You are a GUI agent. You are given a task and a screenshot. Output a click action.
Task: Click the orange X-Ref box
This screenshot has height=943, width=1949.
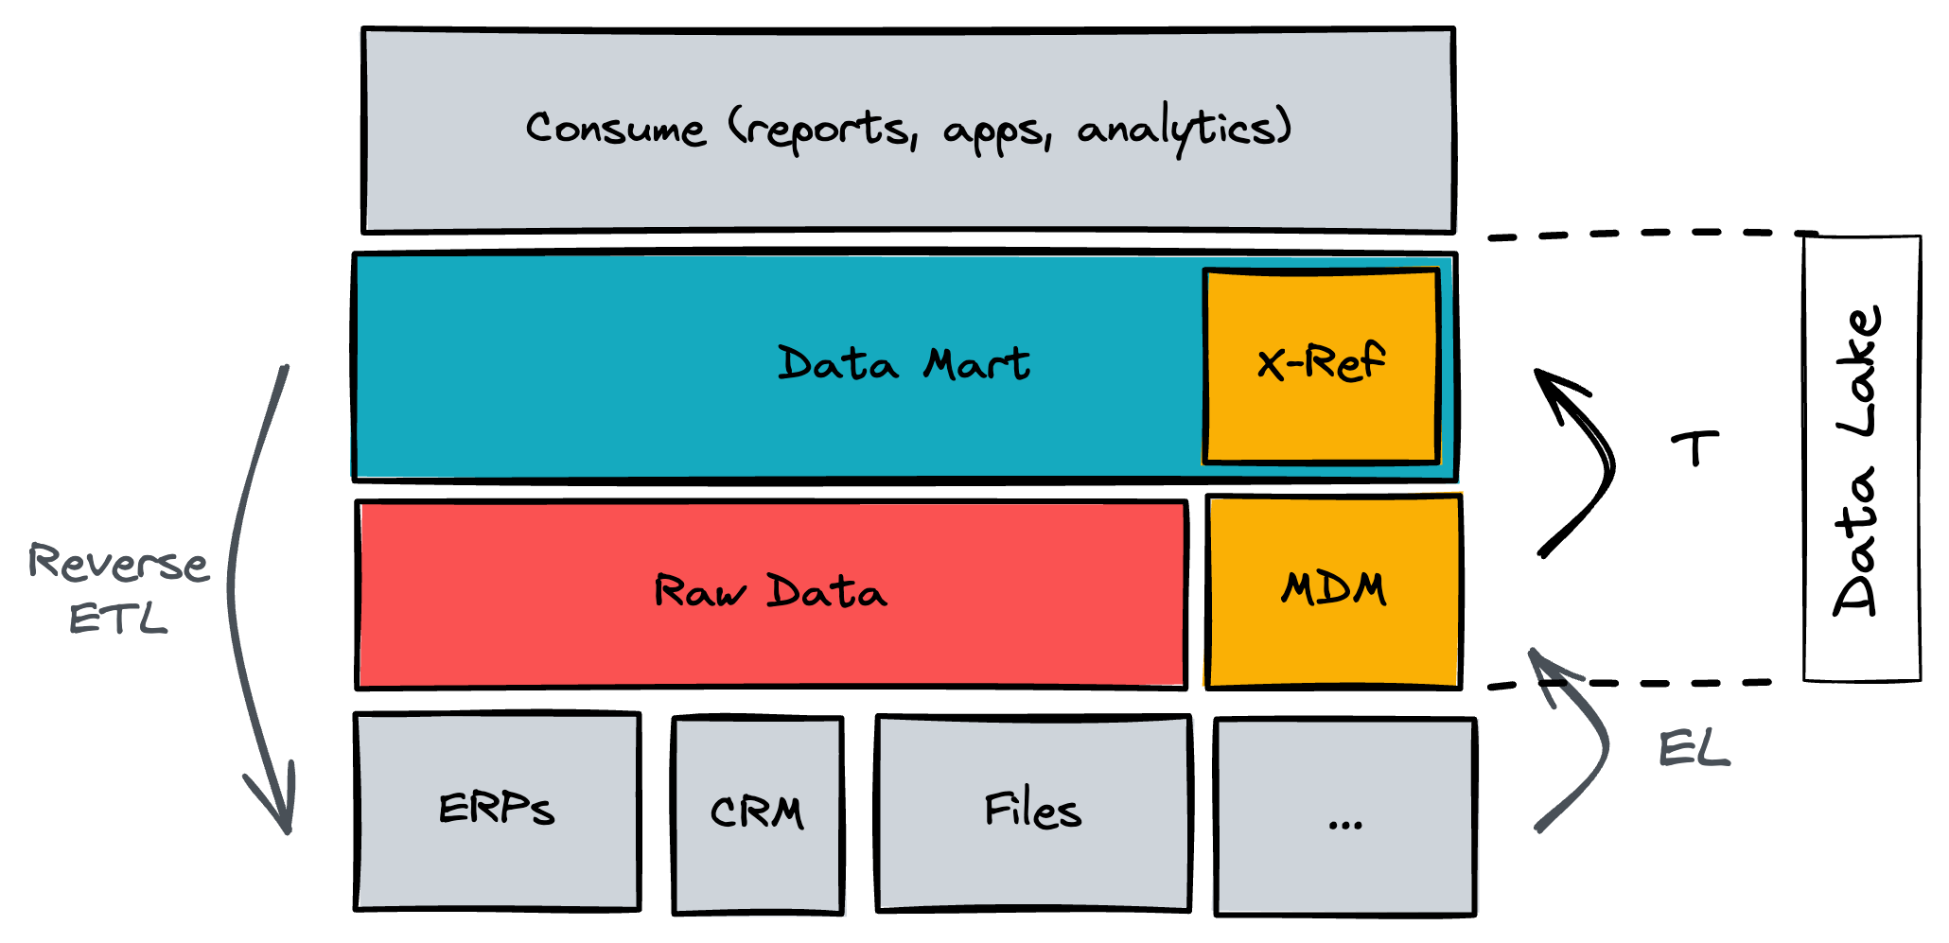coord(1321,366)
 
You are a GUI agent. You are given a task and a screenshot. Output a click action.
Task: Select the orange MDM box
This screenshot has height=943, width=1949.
coord(1333,591)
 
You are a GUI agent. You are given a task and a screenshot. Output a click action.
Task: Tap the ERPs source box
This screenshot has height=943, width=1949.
coord(497,812)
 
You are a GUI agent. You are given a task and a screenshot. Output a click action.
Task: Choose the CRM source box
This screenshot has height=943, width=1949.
coord(757,814)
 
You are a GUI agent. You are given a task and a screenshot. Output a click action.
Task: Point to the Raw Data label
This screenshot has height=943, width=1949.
coord(770,593)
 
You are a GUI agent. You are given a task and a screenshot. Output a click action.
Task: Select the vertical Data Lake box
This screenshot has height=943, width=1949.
coord(1861,459)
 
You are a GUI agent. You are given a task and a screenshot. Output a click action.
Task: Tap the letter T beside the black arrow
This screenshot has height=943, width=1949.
coord(1694,448)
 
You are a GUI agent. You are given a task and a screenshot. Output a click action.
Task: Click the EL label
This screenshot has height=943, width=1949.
coord(1694,750)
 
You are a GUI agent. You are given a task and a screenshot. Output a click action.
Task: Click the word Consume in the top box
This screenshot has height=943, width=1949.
coord(615,130)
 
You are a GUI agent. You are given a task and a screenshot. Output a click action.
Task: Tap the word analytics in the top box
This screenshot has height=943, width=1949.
coord(1183,130)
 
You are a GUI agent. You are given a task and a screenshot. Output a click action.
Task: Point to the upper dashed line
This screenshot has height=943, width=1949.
coord(1646,234)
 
